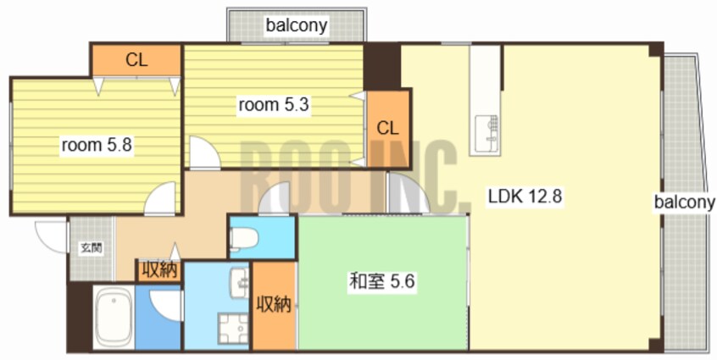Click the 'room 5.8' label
click(96, 145)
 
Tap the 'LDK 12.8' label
click(525, 197)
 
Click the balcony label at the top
click(297, 25)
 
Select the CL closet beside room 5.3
click(387, 129)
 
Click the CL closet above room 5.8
click(136, 60)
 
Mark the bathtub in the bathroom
click(113, 318)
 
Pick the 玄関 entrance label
click(91, 248)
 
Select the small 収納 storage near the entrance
click(158, 271)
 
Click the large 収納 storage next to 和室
click(274, 305)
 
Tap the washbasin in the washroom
click(238, 279)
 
